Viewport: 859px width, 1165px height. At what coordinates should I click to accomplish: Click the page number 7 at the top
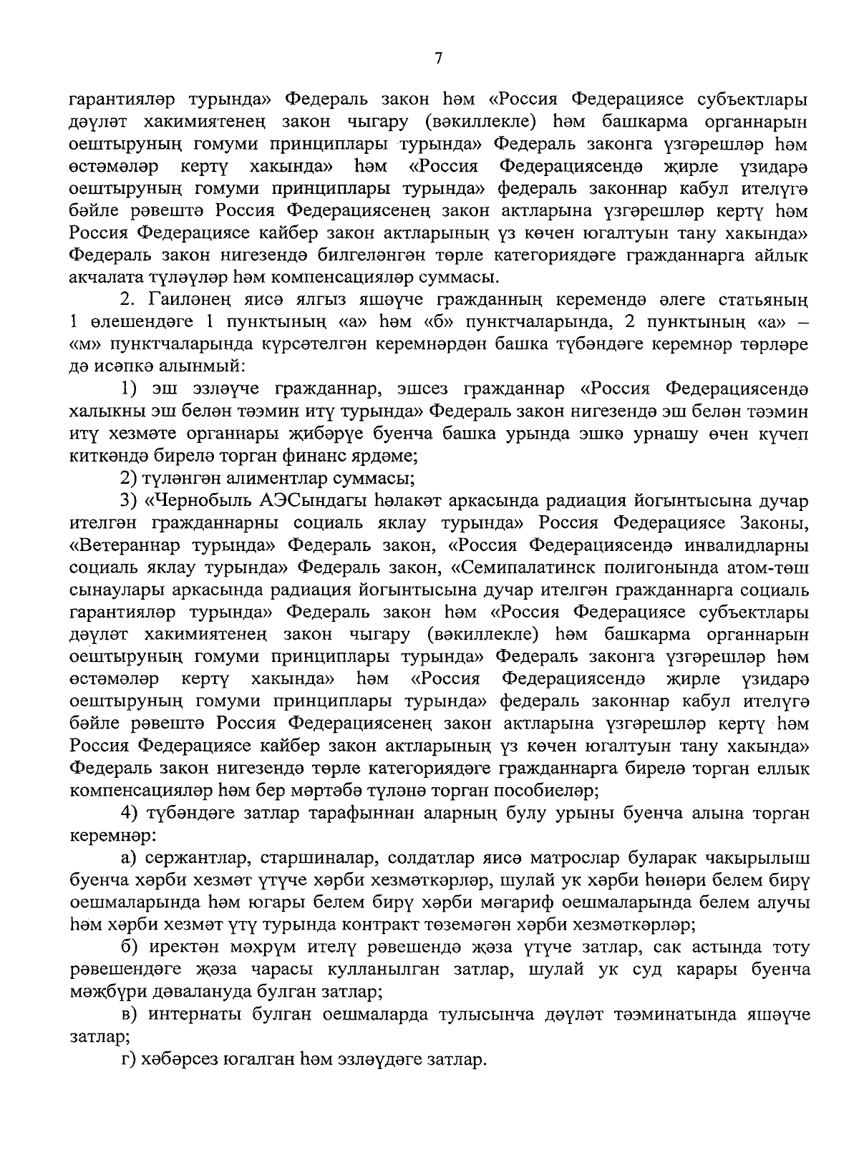[x=437, y=59]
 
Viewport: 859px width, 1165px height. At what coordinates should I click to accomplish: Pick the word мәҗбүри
[x=108, y=992]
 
